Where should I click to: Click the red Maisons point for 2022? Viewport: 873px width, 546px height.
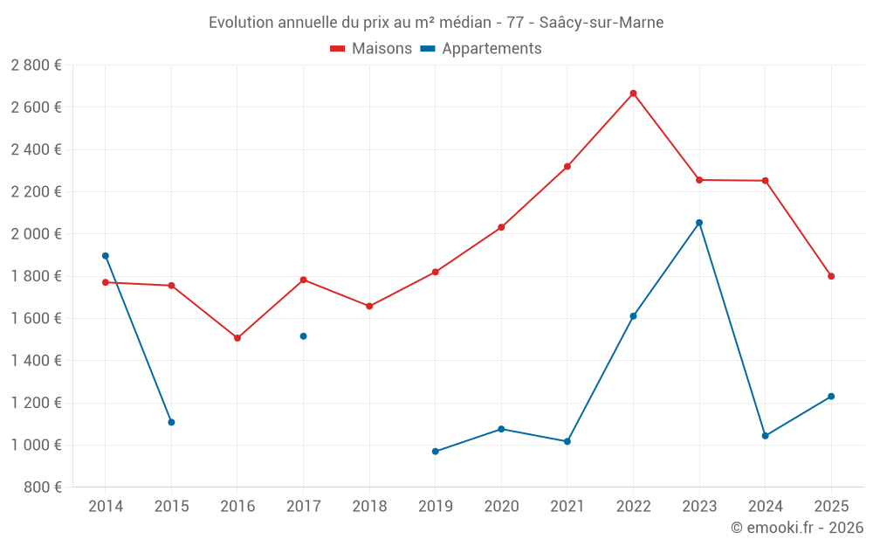[x=633, y=93]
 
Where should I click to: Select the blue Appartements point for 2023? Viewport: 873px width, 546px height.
[x=699, y=223]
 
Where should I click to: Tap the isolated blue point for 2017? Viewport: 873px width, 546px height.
[x=303, y=336]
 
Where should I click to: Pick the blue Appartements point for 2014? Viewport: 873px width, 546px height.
[x=106, y=256]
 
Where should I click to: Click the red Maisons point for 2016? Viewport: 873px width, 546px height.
[x=237, y=338]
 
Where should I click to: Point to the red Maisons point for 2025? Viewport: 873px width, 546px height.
[x=831, y=276]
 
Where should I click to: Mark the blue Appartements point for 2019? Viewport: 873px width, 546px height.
[x=436, y=452]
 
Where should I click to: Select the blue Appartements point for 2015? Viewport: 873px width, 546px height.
[x=171, y=422]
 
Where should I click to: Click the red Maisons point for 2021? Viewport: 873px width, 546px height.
[x=567, y=167]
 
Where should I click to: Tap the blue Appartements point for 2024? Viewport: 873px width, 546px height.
[x=766, y=436]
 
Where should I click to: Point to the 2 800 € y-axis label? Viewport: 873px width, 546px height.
[x=36, y=66]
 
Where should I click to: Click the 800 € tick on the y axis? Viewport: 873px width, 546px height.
[x=43, y=487]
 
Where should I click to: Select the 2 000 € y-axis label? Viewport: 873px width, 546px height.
[x=36, y=234]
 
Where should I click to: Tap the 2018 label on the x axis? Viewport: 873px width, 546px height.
[x=369, y=507]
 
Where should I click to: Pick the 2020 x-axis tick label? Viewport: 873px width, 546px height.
[x=501, y=507]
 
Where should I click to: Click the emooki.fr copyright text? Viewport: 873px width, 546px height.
[x=796, y=528]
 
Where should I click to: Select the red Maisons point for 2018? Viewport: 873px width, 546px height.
[x=369, y=307]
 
